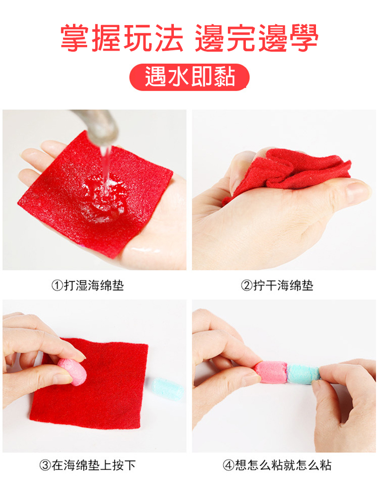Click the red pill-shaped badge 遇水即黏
tap(189, 77)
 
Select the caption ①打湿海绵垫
tap(88, 285)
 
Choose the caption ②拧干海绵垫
tap(277, 285)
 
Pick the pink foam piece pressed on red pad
tap(72, 371)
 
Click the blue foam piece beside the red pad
tap(168, 389)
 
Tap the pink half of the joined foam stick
tap(271, 372)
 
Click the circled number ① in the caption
tap(57, 286)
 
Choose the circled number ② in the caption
tap(246, 286)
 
